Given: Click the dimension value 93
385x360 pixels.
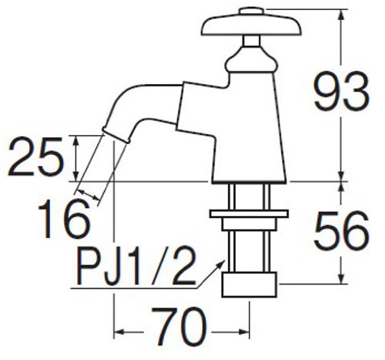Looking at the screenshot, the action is [341, 92].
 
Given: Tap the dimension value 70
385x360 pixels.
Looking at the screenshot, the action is [179, 327].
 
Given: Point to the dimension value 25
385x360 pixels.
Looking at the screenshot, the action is [35, 156].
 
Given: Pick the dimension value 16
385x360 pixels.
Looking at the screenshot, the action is [64, 220].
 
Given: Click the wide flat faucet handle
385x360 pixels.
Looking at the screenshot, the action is [251, 25].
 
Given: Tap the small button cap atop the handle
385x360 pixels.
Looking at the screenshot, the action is [251, 12].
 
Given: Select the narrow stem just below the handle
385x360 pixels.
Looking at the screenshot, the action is [251, 41].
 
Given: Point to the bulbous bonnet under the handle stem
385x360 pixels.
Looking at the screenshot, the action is [252, 60].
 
